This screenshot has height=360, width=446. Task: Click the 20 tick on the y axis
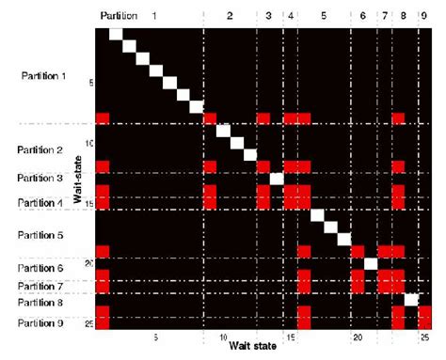tap(88, 262)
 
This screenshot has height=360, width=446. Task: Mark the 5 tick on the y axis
tap(90, 83)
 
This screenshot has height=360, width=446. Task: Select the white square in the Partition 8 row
tap(411, 299)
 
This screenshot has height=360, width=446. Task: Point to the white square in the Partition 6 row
tap(371, 262)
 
